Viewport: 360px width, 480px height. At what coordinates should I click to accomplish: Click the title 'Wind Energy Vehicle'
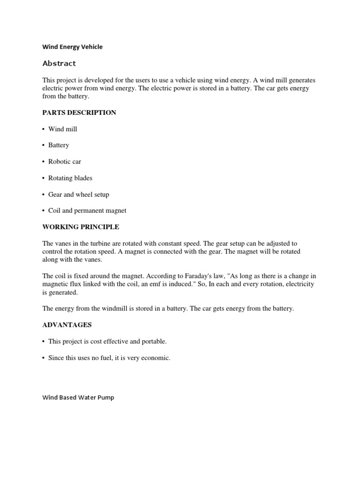tap(72, 47)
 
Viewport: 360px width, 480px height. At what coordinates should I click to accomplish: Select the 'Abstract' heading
tap(59, 63)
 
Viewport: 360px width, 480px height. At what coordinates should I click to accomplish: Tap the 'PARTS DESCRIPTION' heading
tap(79, 112)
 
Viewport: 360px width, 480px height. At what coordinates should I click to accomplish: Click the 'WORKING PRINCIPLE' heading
tap(81, 227)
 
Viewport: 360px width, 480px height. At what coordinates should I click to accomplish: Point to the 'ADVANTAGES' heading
tap(67, 325)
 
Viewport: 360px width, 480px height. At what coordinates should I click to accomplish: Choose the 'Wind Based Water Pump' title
tap(78, 397)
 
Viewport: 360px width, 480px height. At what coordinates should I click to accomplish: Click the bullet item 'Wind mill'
tap(62, 129)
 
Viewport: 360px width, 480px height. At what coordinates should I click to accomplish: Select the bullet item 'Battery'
tap(59, 145)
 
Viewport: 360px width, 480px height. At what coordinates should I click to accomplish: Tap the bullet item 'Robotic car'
tap(65, 162)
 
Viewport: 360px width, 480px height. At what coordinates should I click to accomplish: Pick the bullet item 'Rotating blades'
tap(70, 178)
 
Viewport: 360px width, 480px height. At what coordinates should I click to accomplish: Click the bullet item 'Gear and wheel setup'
tap(78, 195)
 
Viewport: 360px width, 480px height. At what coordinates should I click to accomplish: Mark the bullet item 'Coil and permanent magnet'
tap(87, 211)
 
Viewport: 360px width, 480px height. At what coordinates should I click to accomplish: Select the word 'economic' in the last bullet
tap(157, 358)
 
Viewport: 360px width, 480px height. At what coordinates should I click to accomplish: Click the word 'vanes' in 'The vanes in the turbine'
tap(63, 244)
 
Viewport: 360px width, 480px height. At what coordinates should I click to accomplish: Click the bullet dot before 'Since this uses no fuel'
tap(44, 358)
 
